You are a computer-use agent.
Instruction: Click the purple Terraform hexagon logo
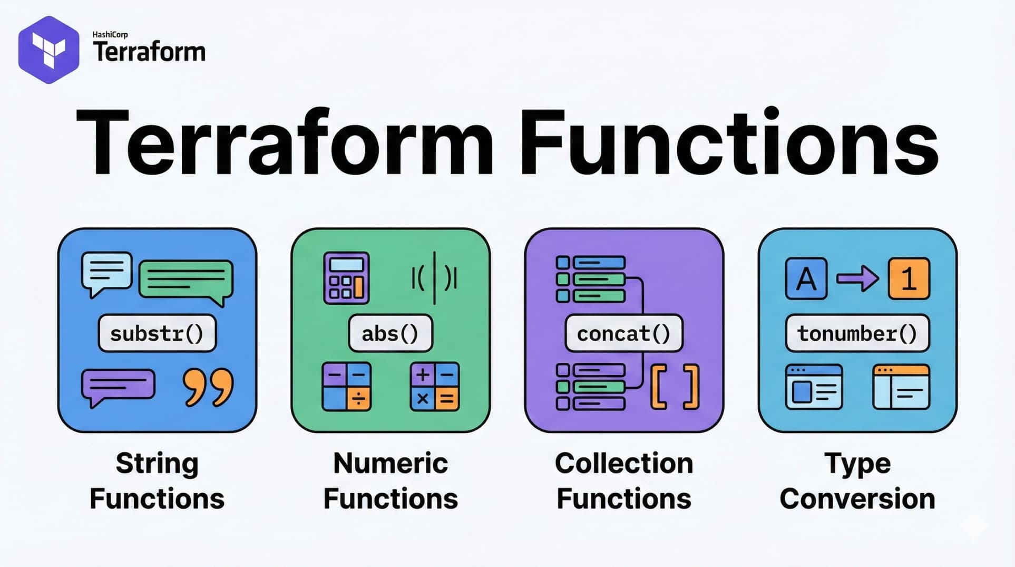tap(48, 50)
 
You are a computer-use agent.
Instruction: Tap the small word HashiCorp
tap(110, 34)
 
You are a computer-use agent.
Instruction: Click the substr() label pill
tap(157, 333)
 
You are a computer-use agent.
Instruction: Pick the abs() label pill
tap(390, 333)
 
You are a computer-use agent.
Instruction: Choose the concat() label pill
tap(623, 333)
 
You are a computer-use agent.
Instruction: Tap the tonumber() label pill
tap(857, 333)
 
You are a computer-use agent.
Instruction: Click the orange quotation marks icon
tap(208, 387)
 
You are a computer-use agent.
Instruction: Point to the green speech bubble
tap(186, 280)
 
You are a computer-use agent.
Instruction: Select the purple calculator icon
tap(346, 278)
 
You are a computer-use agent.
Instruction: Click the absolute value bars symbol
tap(434, 278)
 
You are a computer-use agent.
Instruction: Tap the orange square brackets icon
tap(675, 387)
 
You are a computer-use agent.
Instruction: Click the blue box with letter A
tap(806, 278)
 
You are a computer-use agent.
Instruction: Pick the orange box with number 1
tap(909, 278)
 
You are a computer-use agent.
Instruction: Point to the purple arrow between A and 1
tap(857, 278)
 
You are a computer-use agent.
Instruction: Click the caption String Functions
tap(157, 481)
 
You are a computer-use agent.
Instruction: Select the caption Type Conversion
tap(857, 481)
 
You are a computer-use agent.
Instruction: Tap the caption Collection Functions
tap(623, 481)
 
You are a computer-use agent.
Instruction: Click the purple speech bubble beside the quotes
tap(118, 386)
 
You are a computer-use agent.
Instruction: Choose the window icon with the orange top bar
tap(901, 387)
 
